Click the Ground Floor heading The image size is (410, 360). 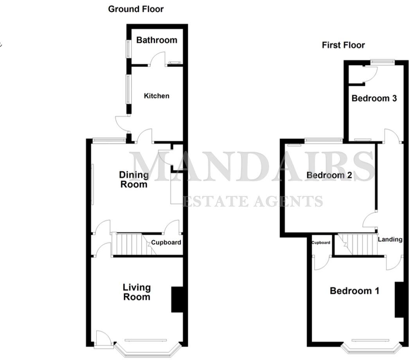coord(136,9)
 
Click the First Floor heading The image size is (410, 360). coord(343,45)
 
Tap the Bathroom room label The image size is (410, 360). coord(156,40)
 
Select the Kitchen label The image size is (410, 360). coord(156,96)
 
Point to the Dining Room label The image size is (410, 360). coord(134,180)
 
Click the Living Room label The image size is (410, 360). coord(137,292)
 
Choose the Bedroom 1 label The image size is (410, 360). coord(354,291)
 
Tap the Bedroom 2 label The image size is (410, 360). coord(329,175)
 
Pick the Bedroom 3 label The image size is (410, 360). coord(374,98)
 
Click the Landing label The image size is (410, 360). coord(390,239)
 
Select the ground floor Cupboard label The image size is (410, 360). coord(166,243)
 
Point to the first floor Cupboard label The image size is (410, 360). coord(321,243)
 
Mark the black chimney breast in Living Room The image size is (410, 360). coord(177,299)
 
